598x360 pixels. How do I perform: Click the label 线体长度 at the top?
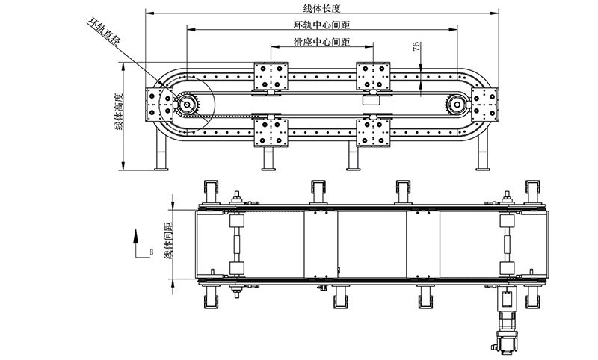pos(321,9)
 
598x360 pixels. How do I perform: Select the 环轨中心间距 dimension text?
pos(321,25)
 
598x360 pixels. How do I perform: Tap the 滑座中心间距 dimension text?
pos(321,43)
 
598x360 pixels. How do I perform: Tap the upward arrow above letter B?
pos(136,238)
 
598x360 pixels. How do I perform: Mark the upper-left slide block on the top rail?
pos(270,77)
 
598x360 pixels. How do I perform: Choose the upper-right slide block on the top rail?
pos(372,77)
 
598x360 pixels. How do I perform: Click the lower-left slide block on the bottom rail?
pos(270,132)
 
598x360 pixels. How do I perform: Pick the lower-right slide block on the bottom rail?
pos(372,132)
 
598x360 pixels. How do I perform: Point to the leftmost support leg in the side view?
pos(160,149)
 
